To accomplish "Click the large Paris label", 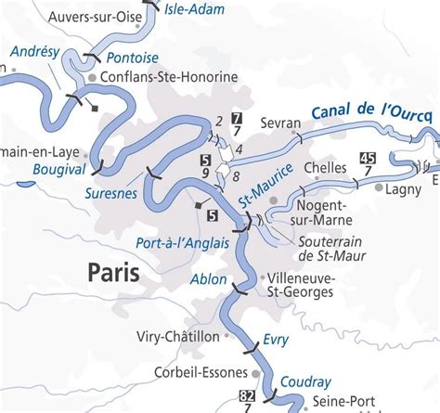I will point(113,272).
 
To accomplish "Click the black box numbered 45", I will point(369,156).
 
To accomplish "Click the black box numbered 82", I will point(248,397).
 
